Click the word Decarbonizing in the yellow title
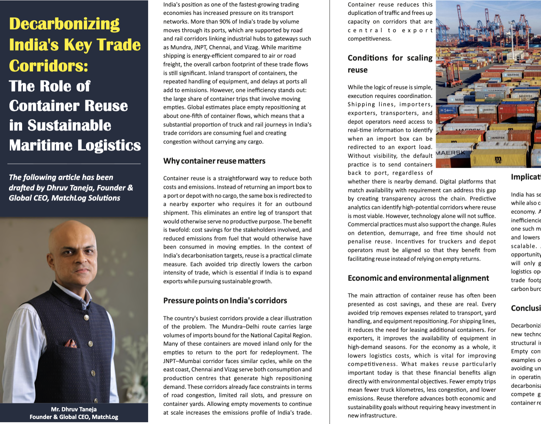pos(64,24)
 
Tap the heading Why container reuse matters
pos(214,161)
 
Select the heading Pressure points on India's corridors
pos(225,301)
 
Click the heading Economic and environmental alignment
pos(418,278)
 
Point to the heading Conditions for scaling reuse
pos(390,64)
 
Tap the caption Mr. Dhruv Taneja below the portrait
pos(74,409)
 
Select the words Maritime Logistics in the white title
pos(75,145)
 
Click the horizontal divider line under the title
pos(74,164)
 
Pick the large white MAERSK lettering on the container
pos(450,153)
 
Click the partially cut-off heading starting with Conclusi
pos(526,308)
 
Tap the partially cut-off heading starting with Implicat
pos(526,177)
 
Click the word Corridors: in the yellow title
pos(49,66)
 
